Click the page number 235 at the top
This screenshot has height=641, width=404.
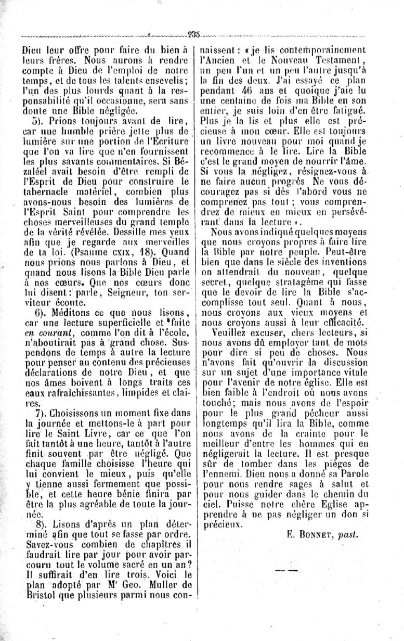click(194, 35)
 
